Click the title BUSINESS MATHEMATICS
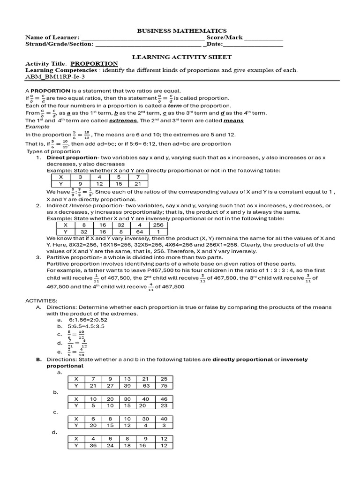pos(181,30)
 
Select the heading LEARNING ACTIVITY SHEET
pos(181,57)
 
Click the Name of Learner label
pos(52,37)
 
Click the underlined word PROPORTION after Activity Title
pos(94,64)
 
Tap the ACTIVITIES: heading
pos(41,300)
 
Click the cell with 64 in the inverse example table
pos(139,232)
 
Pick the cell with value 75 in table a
pos(164,386)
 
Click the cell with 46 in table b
pos(164,399)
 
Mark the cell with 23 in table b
pos(164,405)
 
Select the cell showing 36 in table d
pos(93,445)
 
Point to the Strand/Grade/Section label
pos(60,45)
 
